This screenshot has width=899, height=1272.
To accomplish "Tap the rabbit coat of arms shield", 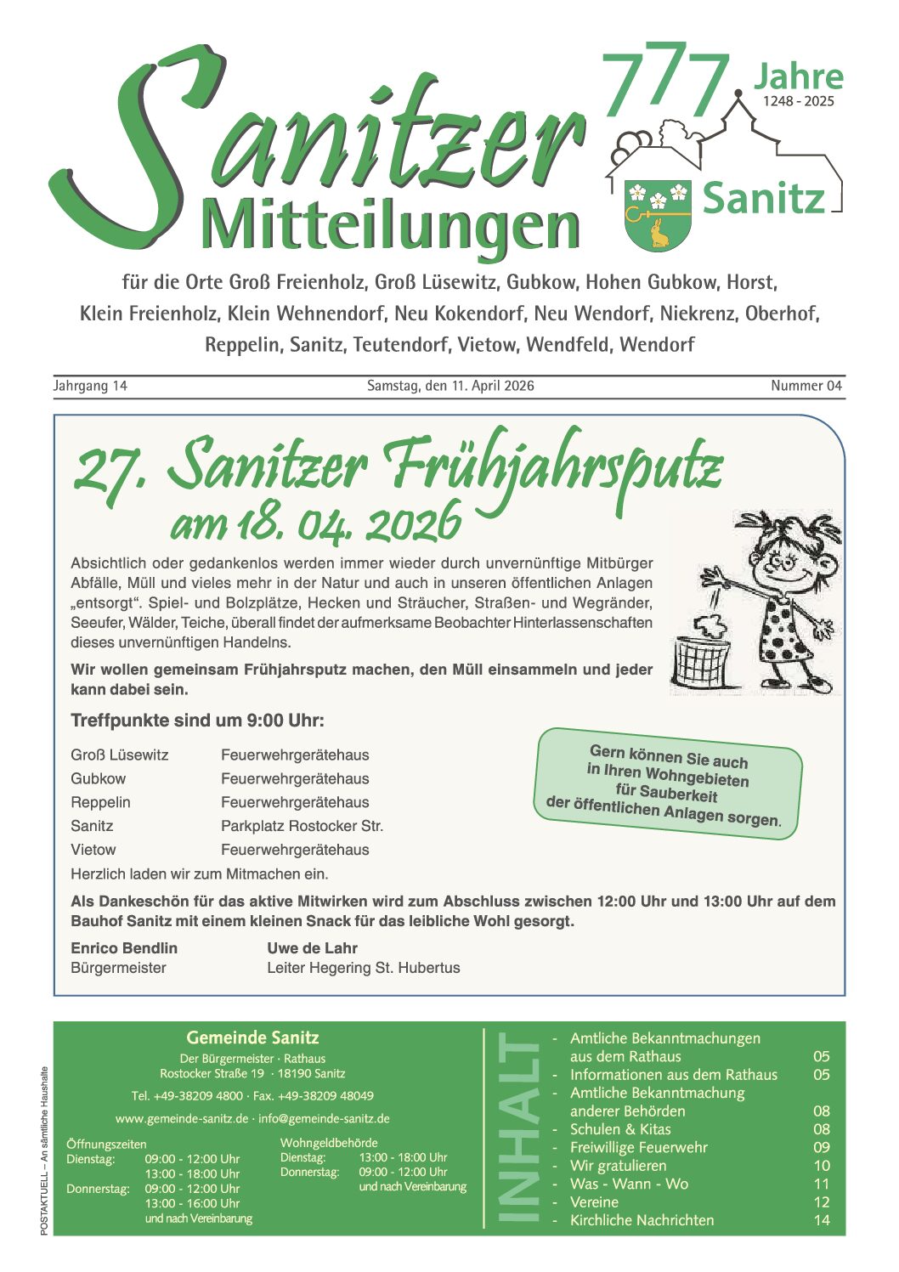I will [658, 214].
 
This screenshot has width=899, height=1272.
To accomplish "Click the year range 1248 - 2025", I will [798, 101].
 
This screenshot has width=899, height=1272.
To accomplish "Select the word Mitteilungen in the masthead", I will [391, 228].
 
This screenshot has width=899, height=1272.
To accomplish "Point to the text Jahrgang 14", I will [90, 386].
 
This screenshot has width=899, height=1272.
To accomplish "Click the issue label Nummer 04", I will [806, 386].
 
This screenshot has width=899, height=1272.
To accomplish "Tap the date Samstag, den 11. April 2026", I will [450, 386].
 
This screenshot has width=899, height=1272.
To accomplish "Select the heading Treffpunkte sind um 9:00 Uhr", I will [197, 721].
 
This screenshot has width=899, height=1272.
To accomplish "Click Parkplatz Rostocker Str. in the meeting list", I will [302, 826].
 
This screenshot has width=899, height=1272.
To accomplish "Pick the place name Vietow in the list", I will [93, 850].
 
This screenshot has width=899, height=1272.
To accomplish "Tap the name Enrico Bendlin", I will [124, 948].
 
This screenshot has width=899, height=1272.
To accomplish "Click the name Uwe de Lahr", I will [312, 948].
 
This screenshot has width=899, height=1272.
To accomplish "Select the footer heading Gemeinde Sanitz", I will [252, 1037].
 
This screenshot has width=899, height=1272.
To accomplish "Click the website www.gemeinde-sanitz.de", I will [182, 1118].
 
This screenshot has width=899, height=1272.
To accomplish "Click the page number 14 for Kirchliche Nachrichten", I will [821, 1220].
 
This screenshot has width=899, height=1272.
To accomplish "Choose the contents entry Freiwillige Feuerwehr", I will [638, 1147].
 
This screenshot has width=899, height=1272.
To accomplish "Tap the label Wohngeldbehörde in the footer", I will [329, 1143].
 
